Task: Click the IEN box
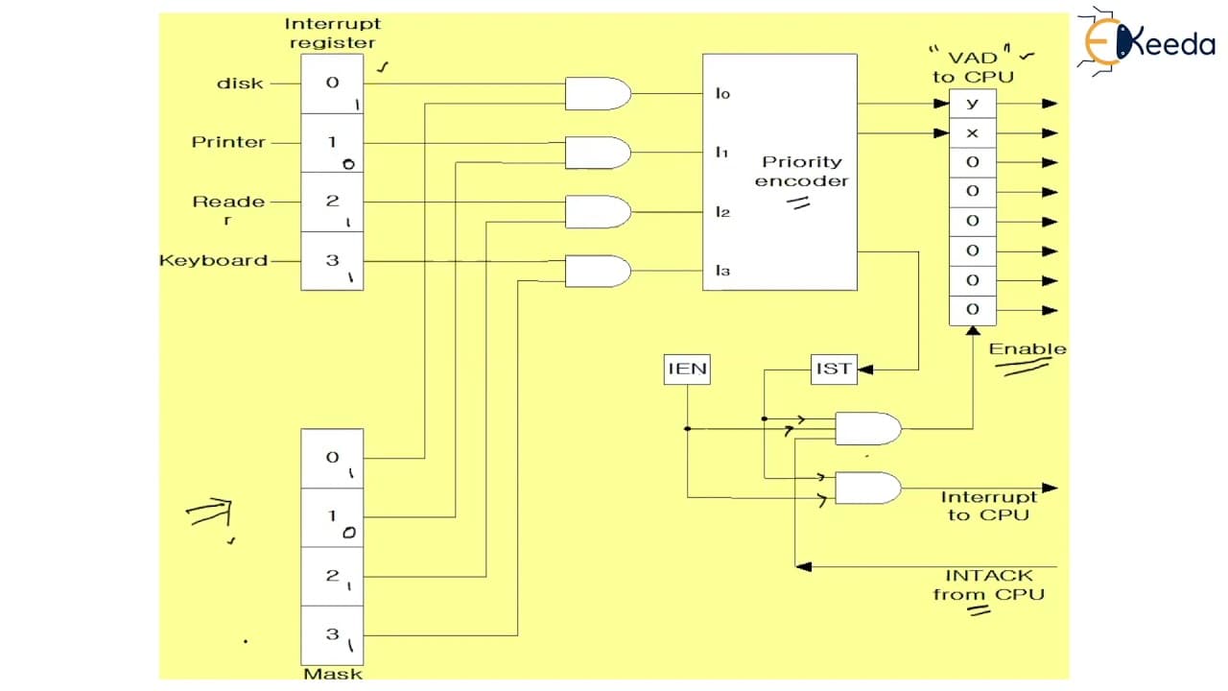point(687,369)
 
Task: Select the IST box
point(834,369)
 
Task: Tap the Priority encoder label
point(801,171)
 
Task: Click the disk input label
point(240,83)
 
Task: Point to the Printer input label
point(228,143)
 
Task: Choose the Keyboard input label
point(213,260)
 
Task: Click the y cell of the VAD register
point(973,104)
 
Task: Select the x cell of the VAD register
point(973,132)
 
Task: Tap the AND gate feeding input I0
point(598,94)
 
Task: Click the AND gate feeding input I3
point(598,271)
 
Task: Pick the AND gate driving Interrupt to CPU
point(868,488)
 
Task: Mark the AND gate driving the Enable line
point(868,428)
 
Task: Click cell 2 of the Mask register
point(332,577)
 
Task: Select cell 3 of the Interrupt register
point(332,261)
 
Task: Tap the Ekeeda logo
point(1148,41)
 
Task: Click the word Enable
point(1027,349)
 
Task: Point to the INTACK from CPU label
point(989,585)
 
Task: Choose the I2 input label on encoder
point(722,212)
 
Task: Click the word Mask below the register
point(333,674)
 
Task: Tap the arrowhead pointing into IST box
point(865,369)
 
